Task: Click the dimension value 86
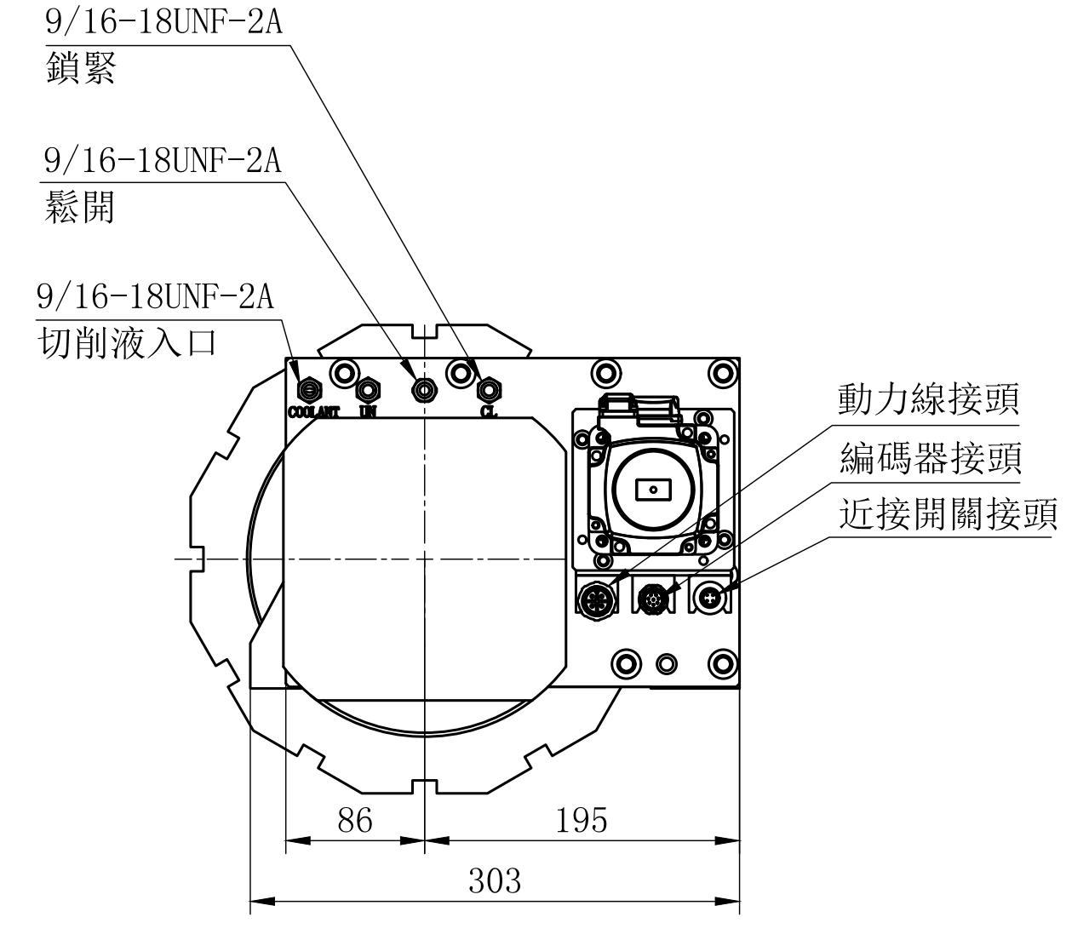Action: pyautogui.click(x=354, y=822)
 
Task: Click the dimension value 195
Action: pyautogui.click(x=582, y=822)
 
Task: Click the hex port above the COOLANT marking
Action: pyautogui.click(x=309, y=390)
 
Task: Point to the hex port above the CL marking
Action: pyautogui.click(x=488, y=390)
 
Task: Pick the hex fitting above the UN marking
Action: pyautogui.click(x=368, y=390)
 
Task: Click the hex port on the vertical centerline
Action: pyautogui.click(x=423, y=390)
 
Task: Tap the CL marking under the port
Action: pyautogui.click(x=489, y=412)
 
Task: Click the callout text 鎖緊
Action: pyautogui.click(x=80, y=68)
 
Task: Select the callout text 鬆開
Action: pyautogui.click(x=78, y=206)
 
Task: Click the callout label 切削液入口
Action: pyautogui.click(x=128, y=344)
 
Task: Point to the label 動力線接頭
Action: pyautogui.click(x=929, y=399)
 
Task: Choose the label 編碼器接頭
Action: pyautogui.click(x=929, y=459)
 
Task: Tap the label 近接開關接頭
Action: pyautogui.click(x=948, y=515)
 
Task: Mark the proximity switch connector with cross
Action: pyautogui.click(x=710, y=599)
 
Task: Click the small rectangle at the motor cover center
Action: pyautogui.click(x=653, y=490)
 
